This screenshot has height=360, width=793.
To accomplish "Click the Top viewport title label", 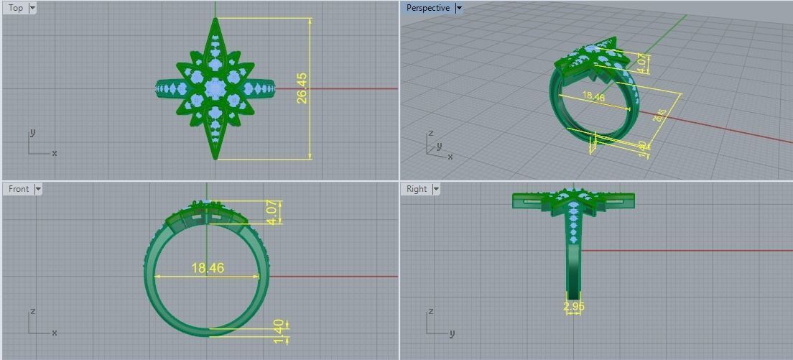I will (15, 8).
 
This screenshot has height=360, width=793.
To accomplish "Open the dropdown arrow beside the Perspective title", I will (458, 8).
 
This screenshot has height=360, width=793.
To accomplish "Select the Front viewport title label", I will (19, 189).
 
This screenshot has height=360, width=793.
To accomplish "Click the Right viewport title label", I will (417, 189).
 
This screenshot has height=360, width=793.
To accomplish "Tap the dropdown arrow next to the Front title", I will (38, 189).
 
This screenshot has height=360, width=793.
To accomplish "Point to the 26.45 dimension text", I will (302, 88).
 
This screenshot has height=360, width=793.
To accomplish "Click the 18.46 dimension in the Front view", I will (208, 268).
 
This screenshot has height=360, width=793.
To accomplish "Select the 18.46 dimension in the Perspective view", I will (593, 97).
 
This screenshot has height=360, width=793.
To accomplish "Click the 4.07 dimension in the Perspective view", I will (643, 63).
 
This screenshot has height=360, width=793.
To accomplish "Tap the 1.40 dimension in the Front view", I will (279, 331).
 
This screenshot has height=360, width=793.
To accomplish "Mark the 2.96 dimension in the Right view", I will (573, 307).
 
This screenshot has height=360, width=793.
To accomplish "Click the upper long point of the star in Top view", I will (215, 24).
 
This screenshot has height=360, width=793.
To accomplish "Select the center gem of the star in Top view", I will (215, 88).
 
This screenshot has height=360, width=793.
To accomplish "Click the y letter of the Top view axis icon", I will (33, 133).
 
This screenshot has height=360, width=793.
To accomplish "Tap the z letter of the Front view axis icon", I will (33, 312).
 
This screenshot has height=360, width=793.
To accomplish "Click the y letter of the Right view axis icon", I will (452, 333).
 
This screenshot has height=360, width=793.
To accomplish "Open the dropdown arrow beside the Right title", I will (436, 189).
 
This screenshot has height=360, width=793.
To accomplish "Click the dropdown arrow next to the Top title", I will (32, 8).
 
